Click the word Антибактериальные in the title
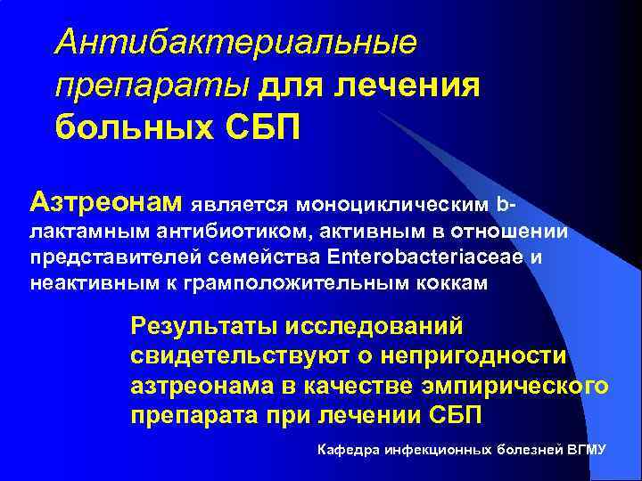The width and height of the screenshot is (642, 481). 235,41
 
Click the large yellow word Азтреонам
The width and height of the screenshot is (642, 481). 106,201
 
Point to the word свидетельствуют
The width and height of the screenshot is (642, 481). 246,356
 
